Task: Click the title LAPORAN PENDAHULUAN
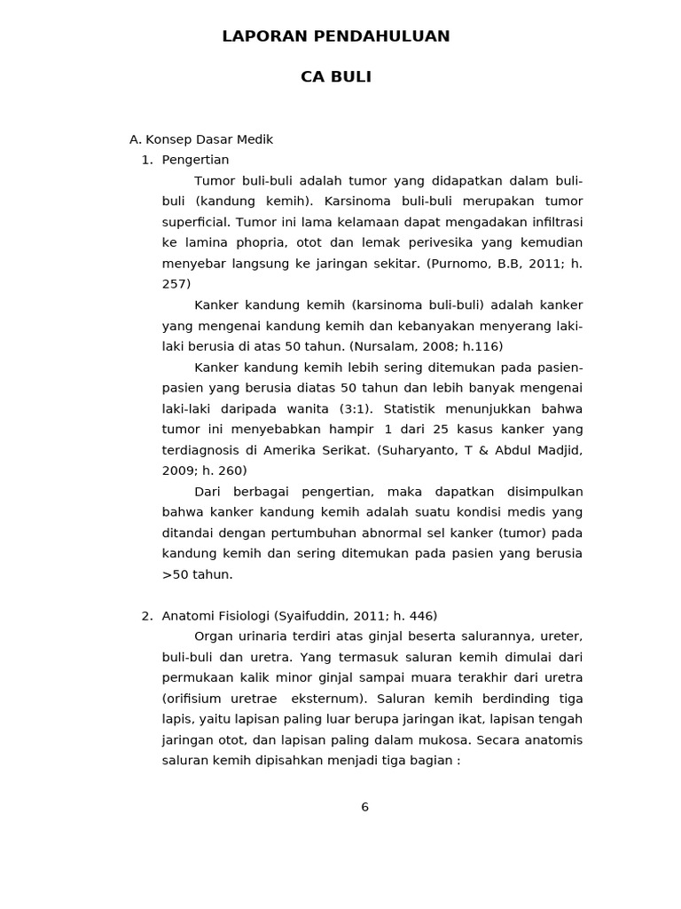336,36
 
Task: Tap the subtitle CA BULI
336,77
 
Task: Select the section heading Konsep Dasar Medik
209,139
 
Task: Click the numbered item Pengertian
195,160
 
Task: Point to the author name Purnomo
460,264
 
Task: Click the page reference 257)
176,284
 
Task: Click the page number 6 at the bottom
364,807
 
